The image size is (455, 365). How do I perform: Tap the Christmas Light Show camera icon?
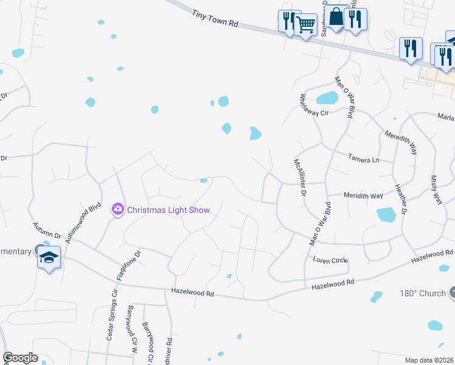click(117, 209)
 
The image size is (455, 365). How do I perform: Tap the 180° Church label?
click(423, 293)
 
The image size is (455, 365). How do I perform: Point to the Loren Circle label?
click(330, 260)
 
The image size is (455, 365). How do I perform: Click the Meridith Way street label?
click(363, 195)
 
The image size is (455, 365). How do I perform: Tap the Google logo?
click(21, 358)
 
